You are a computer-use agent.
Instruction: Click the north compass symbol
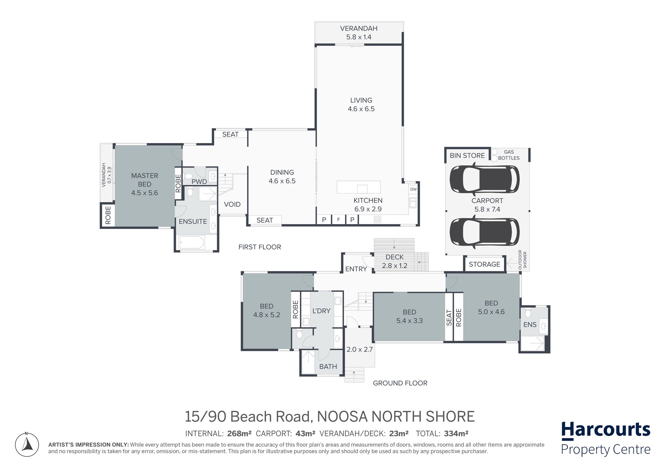pyautogui.click(x=27, y=444)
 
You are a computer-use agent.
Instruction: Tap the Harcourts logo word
pyautogui.click(x=606, y=430)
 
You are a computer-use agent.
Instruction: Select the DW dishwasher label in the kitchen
pyautogui.click(x=413, y=189)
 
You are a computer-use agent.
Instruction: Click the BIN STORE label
pyautogui.click(x=467, y=156)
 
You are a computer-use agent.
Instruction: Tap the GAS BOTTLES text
pyautogui.click(x=509, y=155)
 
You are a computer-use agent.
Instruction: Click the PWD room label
pyautogui.click(x=199, y=182)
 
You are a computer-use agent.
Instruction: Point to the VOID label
pyautogui.click(x=232, y=204)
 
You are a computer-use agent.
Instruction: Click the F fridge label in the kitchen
pyautogui.click(x=339, y=220)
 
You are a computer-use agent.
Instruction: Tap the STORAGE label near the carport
pyautogui.click(x=485, y=264)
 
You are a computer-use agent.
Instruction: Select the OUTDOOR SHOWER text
pyautogui.click(x=522, y=260)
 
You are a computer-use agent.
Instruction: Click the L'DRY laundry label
pyautogui.click(x=322, y=311)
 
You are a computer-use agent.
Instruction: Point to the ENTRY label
pyautogui.click(x=356, y=269)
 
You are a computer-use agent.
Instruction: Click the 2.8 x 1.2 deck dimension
pyautogui.click(x=395, y=266)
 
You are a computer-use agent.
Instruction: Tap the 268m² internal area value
pyautogui.click(x=239, y=434)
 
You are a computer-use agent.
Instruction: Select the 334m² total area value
pyautogui.click(x=456, y=434)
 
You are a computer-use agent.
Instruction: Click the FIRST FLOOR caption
pyautogui.click(x=260, y=247)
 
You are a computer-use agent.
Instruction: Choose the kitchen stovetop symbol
pyautogui.click(x=377, y=219)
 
